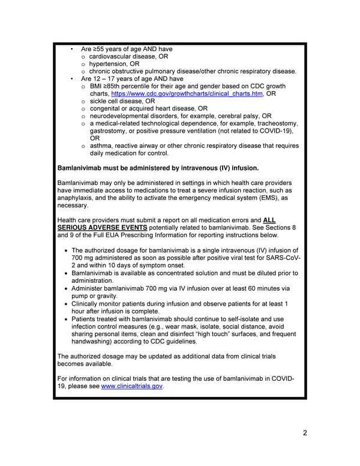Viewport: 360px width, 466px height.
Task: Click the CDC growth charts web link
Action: coord(187,94)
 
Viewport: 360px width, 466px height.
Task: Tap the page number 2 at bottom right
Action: coord(305,434)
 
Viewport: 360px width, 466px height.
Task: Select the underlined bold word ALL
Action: coord(269,220)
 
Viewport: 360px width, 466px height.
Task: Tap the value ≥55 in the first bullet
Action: coord(100,49)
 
